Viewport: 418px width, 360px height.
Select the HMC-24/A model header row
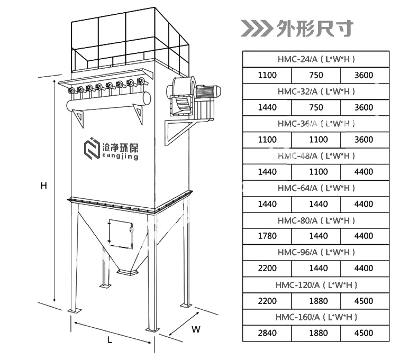click(316, 59)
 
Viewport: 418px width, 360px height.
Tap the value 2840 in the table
click(267, 333)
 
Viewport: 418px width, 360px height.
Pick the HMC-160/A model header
click(316, 317)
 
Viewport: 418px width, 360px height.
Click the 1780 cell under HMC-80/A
click(267, 236)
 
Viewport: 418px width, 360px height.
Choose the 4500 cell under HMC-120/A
click(364, 301)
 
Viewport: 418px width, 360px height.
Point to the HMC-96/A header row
click(316, 253)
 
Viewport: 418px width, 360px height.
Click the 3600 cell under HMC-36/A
click(364, 140)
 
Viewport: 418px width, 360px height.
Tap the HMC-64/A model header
click(316, 188)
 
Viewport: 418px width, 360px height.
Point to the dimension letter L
click(110, 341)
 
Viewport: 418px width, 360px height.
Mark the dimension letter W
click(196, 329)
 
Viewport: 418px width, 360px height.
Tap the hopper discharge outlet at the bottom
click(126, 271)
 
